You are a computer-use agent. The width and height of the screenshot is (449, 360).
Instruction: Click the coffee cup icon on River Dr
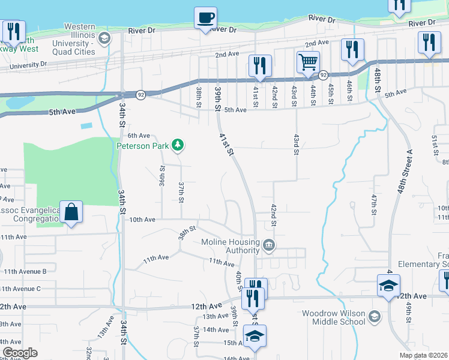click(206, 17)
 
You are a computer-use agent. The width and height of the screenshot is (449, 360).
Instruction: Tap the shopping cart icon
click(307, 61)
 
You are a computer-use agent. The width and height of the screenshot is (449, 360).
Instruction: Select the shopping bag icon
click(71, 212)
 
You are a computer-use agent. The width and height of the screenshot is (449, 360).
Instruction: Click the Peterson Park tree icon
click(177, 145)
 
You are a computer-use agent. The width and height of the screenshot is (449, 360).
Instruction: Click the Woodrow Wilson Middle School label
click(333, 317)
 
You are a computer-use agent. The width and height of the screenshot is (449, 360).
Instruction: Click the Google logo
click(20, 353)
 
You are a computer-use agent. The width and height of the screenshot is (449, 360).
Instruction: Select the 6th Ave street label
click(139, 136)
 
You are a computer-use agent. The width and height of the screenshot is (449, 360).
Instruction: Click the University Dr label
click(25, 63)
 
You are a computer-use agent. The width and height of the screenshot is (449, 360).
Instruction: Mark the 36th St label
click(162, 176)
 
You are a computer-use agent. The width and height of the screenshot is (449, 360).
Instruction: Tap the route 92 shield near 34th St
click(140, 94)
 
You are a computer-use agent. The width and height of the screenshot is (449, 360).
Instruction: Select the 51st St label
click(435, 145)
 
